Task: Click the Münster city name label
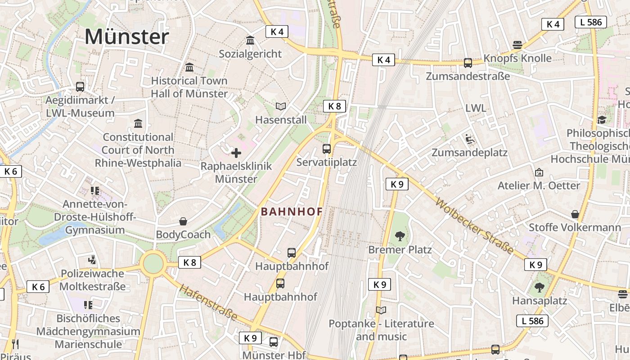click(x=126, y=36)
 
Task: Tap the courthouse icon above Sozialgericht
click(x=250, y=40)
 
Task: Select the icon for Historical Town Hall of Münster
click(x=189, y=67)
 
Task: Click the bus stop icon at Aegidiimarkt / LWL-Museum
click(x=80, y=86)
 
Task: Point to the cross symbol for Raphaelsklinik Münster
click(x=236, y=153)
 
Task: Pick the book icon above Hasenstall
click(x=281, y=107)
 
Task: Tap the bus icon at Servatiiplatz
click(x=327, y=148)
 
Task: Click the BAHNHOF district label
click(x=292, y=211)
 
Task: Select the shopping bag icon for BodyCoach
click(x=183, y=221)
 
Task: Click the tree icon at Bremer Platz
click(x=400, y=236)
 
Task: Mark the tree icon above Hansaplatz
click(x=540, y=287)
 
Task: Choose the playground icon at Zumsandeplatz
click(x=469, y=139)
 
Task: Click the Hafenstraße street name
click(x=208, y=302)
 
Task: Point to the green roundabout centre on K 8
click(x=153, y=264)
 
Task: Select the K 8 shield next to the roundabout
click(x=189, y=262)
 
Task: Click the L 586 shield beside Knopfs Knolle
click(x=591, y=22)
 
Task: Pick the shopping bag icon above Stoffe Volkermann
click(x=575, y=214)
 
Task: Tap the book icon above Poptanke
click(x=381, y=310)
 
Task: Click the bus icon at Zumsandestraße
click(x=468, y=63)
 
